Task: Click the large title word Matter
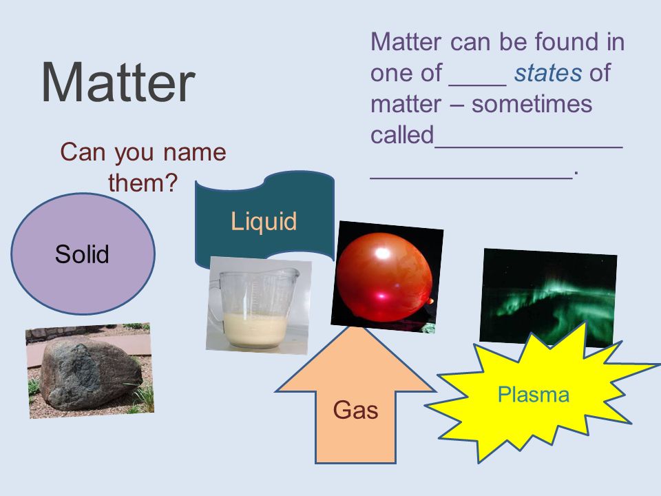point(118,82)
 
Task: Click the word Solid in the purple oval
point(82,254)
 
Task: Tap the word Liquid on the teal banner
point(264,222)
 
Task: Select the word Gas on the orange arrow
point(355,411)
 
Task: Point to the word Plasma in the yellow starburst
point(534,395)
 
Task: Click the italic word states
point(549,73)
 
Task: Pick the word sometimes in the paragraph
point(532,104)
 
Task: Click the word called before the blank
point(402,135)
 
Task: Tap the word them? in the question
point(143,183)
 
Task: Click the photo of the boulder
point(90,371)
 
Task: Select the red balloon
point(384,276)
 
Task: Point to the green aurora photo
point(549,298)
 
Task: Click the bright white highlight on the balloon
point(383,253)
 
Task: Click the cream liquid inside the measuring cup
point(255,329)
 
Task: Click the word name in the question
point(195,152)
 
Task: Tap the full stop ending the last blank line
point(576,173)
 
